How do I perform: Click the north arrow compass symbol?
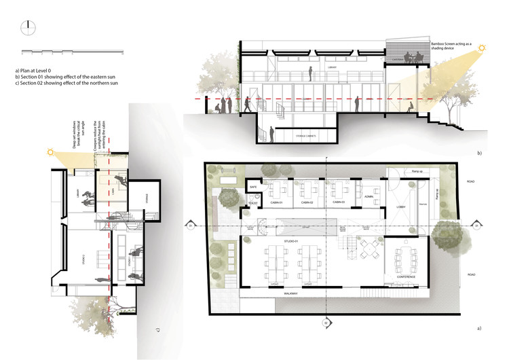[x=28, y=27]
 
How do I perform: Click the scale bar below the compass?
[x=72, y=52]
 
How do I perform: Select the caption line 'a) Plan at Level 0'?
[x=37, y=70]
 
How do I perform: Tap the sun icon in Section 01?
[x=483, y=48]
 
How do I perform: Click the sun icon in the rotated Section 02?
[x=50, y=153]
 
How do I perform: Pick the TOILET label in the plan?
[x=253, y=202]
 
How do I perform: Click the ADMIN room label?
[x=369, y=196]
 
